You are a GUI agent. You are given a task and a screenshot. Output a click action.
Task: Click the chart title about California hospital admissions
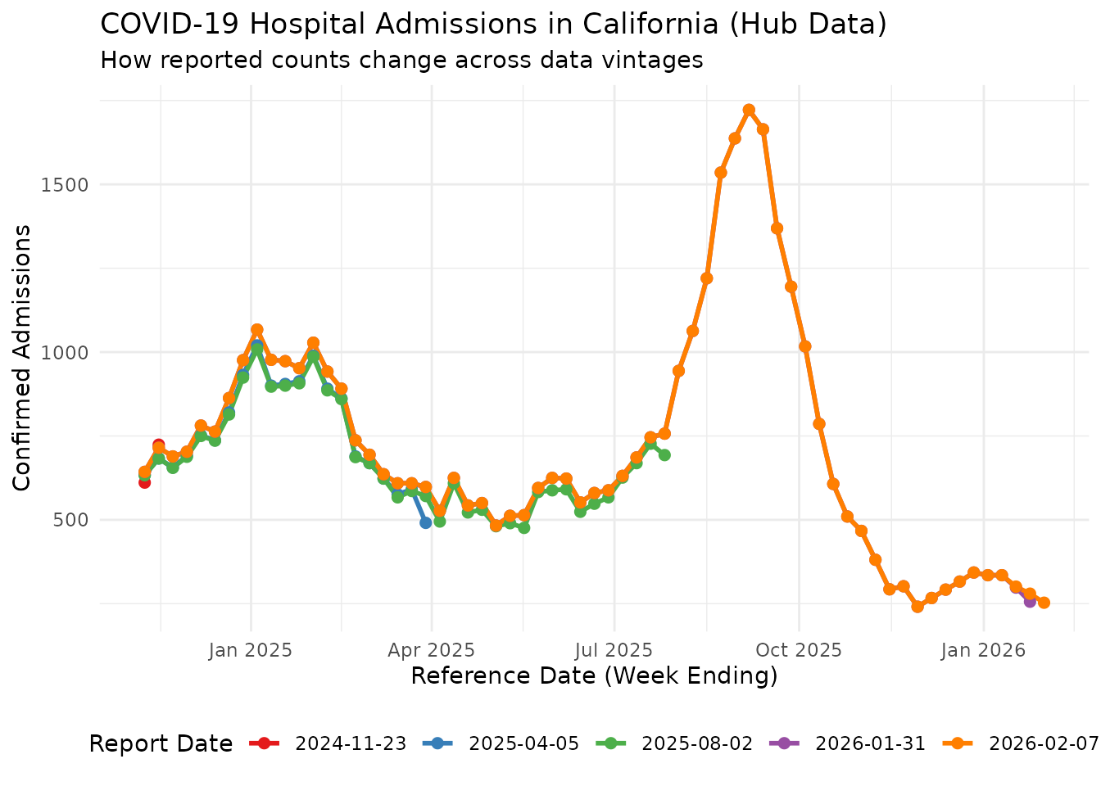point(493,24)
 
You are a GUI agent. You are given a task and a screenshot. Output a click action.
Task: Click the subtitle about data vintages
point(401,60)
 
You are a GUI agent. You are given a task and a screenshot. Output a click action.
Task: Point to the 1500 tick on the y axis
point(65,184)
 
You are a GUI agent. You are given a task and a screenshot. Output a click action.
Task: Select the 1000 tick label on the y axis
point(65,352)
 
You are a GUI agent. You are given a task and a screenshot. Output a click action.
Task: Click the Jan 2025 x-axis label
point(251,650)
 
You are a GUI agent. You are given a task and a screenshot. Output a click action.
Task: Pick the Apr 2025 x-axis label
point(432,650)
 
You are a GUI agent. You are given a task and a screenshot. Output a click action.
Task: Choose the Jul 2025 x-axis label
point(614,650)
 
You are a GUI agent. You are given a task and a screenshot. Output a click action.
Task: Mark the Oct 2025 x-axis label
point(799,650)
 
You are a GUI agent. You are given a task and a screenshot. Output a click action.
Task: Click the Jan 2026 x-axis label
point(983,650)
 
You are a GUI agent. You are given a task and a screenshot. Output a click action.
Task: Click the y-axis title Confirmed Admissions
point(23,357)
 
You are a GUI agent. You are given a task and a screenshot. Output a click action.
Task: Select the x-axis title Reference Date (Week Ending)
point(594,676)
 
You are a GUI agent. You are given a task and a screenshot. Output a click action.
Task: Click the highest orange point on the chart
point(749,110)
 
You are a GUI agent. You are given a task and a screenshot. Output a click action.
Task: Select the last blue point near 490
point(425,522)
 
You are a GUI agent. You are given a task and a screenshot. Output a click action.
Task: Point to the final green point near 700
point(664,454)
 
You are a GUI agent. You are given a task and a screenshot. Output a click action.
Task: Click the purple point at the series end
point(1030,601)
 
